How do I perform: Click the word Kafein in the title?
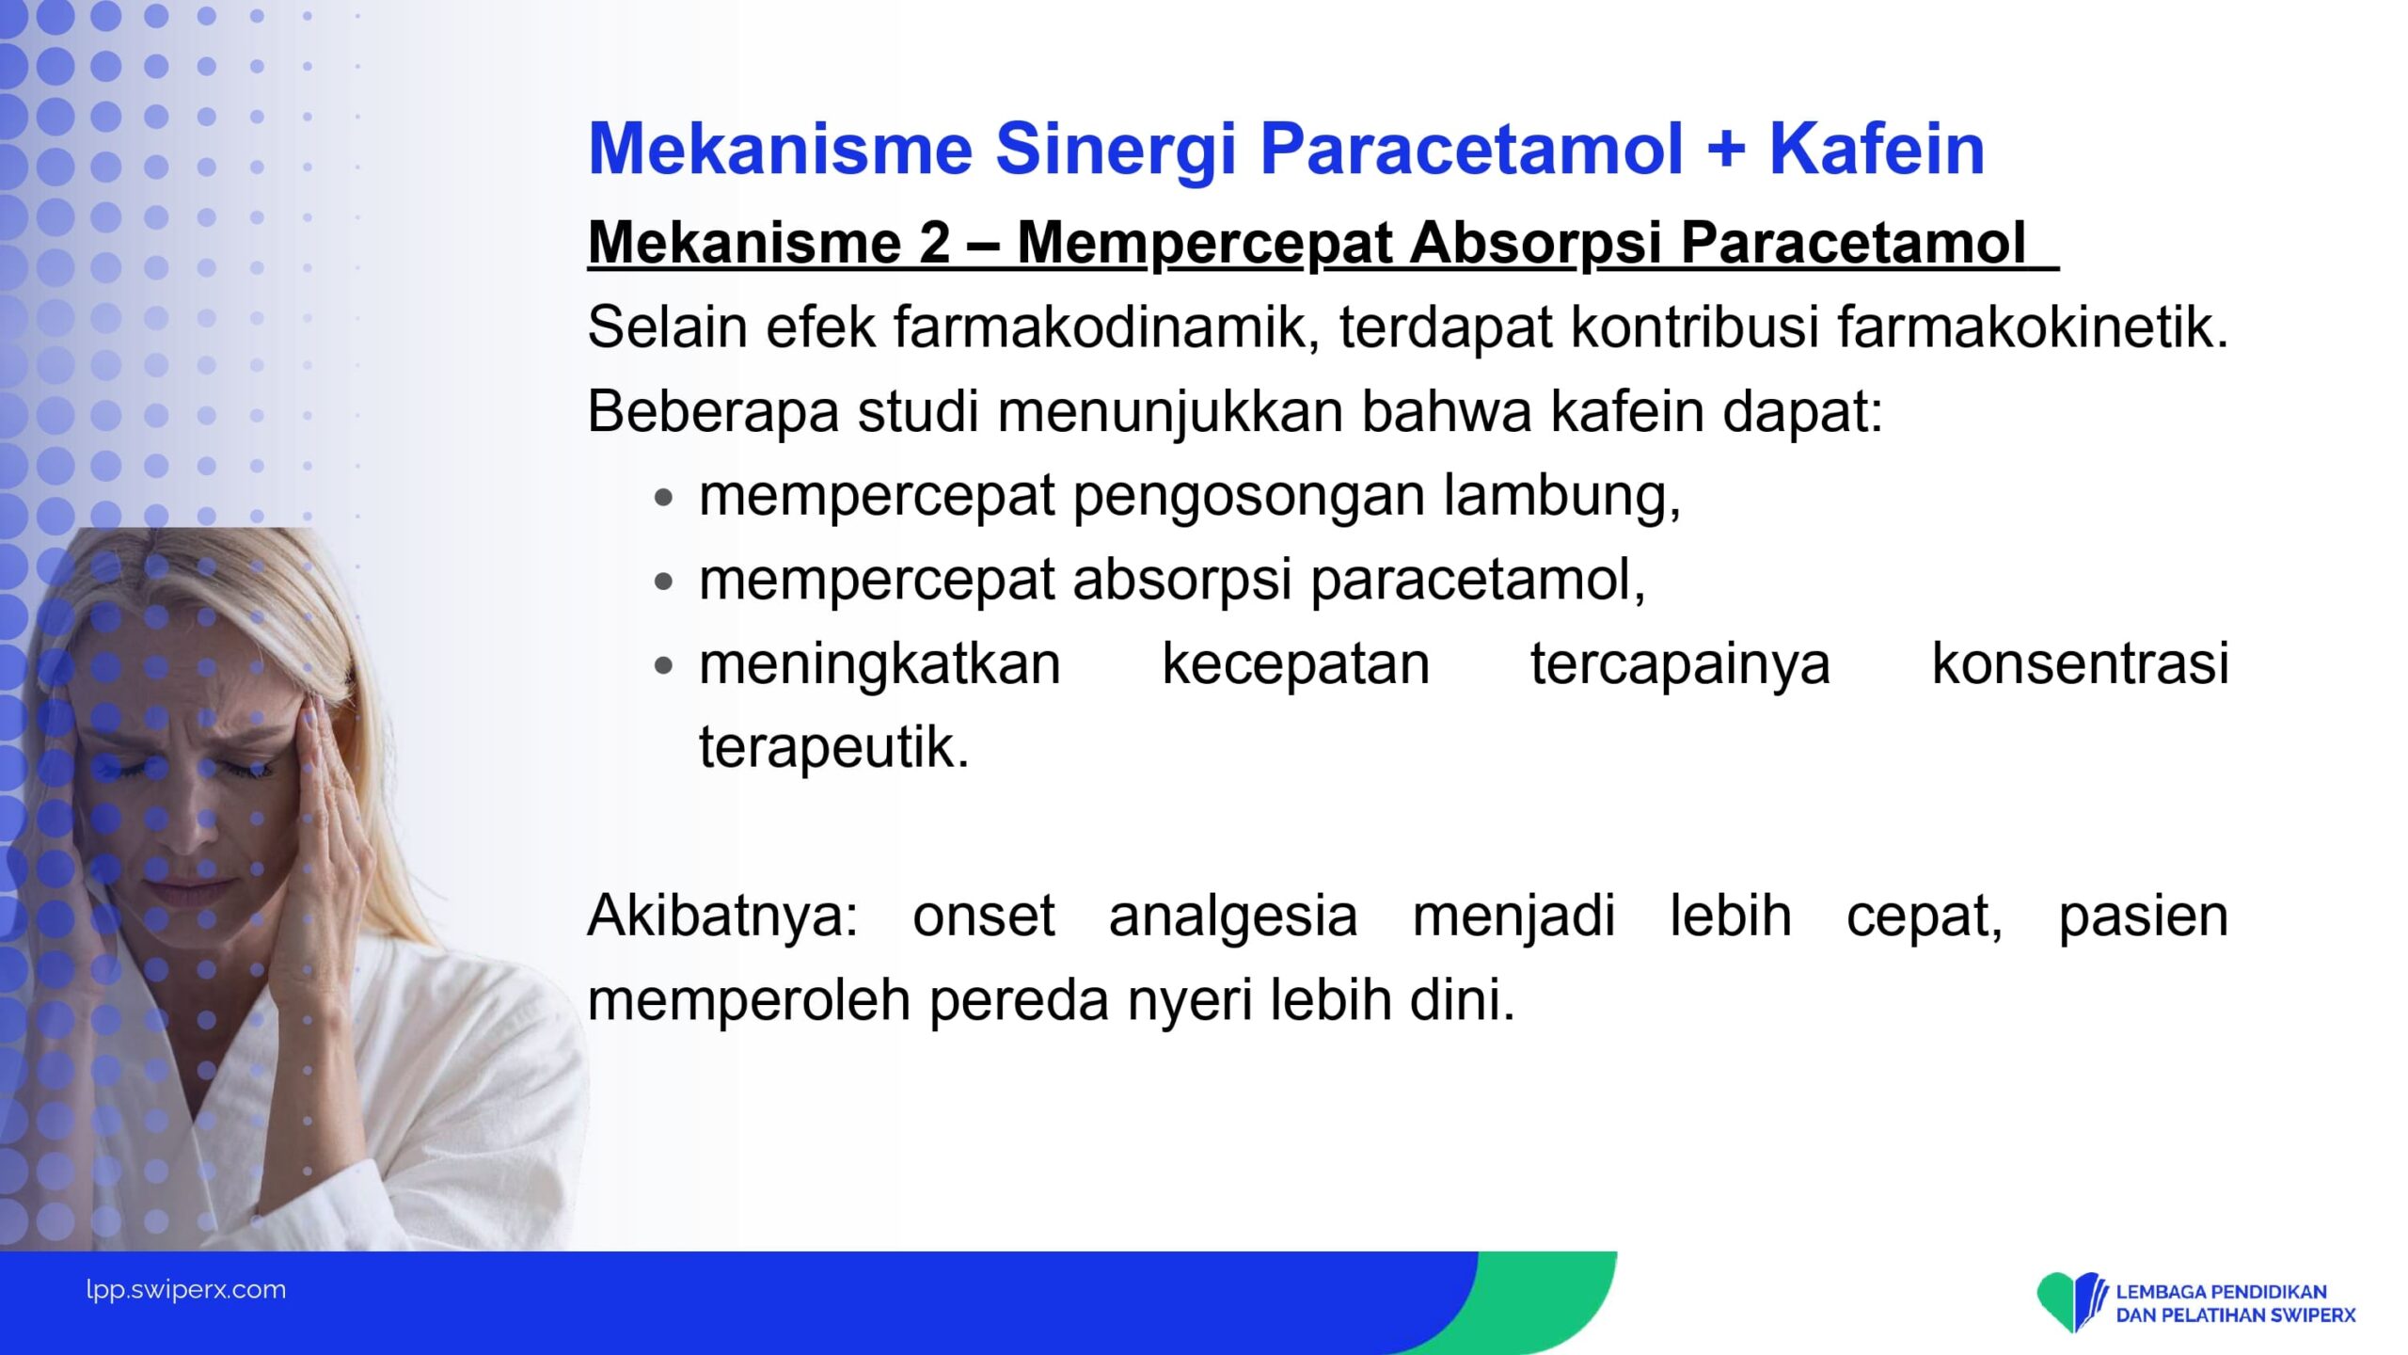click(x=1877, y=149)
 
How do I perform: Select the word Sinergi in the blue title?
click(x=1116, y=151)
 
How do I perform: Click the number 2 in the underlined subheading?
click(x=934, y=243)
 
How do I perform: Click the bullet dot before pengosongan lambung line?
click(x=664, y=498)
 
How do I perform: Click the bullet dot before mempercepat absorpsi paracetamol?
click(x=664, y=582)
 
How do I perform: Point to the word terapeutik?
click(x=833, y=748)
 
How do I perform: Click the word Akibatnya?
click(x=722, y=915)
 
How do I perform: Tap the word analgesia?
click(x=1233, y=917)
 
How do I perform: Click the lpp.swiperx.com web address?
click(x=186, y=1290)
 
